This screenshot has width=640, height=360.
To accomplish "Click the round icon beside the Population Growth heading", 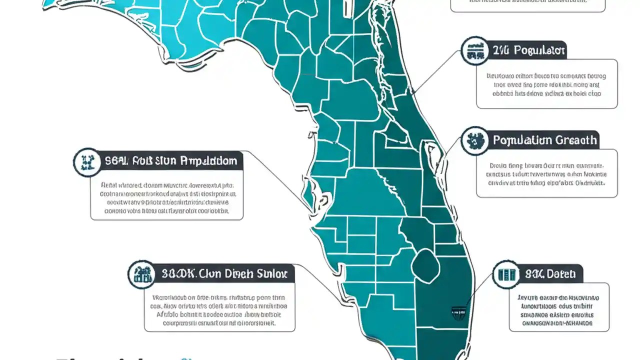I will click(x=474, y=140).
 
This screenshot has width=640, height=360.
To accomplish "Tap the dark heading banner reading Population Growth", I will click(x=544, y=140).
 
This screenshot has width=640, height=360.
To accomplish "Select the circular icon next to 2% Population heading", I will click(x=474, y=50).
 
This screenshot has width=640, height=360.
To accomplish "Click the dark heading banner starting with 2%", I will click(x=528, y=50).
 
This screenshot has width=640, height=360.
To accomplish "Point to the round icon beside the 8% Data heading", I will click(x=506, y=274).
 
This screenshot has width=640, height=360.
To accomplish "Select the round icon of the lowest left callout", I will click(x=141, y=274).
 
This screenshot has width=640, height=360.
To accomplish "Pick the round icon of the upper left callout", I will click(x=87, y=161).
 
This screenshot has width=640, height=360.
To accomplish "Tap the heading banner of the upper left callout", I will click(x=170, y=161).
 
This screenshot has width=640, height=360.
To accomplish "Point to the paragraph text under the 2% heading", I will click(x=546, y=84).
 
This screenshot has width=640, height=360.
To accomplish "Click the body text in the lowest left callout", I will click(x=219, y=310).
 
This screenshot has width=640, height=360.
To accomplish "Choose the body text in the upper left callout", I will click(x=166, y=197).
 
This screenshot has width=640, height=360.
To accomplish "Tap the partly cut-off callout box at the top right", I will click(x=527, y=4).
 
